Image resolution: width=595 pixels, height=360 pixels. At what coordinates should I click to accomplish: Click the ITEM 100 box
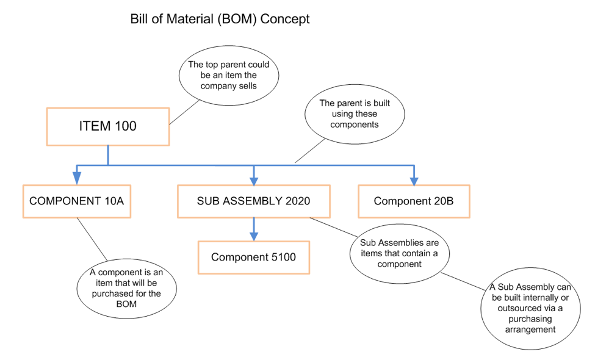pyautogui.click(x=107, y=126)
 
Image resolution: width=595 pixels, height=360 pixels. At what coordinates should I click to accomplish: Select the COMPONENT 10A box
pyautogui.click(x=76, y=201)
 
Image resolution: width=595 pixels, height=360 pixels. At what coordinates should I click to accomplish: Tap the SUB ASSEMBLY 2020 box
pyautogui.click(x=253, y=201)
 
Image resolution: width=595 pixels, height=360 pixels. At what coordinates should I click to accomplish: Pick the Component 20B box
pyautogui.click(x=413, y=201)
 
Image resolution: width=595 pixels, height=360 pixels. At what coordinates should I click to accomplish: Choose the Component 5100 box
pyautogui.click(x=253, y=257)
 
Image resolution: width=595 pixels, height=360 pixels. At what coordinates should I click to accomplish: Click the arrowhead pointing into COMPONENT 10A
pyautogui.click(x=76, y=178)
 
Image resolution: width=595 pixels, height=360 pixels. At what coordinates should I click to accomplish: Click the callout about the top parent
pyautogui.click(x=228, y=75)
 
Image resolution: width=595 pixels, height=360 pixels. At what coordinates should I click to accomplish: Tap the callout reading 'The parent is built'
pyautogui.click(x=354, y=114)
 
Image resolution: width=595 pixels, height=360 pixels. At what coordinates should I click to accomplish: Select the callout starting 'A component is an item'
pyautogui.click(x=126, y=284)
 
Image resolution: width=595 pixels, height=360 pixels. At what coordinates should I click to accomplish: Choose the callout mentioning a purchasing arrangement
pyautogui.click(x=530, y=308)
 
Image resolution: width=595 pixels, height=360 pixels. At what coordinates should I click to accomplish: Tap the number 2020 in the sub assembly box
pyautogui.click(x=296, y=201)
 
